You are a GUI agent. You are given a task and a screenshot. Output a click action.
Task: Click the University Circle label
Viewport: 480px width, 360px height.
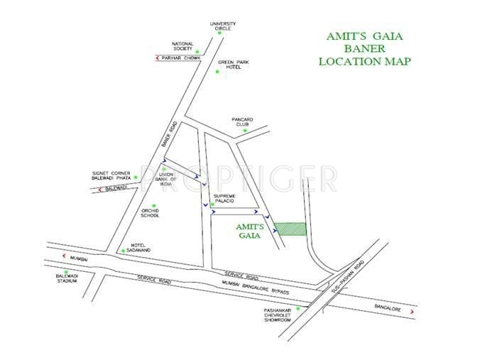point(223,26)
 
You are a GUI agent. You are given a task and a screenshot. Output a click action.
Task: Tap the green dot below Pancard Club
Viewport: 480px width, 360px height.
point(244,130)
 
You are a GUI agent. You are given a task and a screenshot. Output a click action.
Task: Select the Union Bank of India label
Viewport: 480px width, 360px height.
point(167,178)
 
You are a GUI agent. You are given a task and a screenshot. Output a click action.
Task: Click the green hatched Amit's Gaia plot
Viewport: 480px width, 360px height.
point(290,228)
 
